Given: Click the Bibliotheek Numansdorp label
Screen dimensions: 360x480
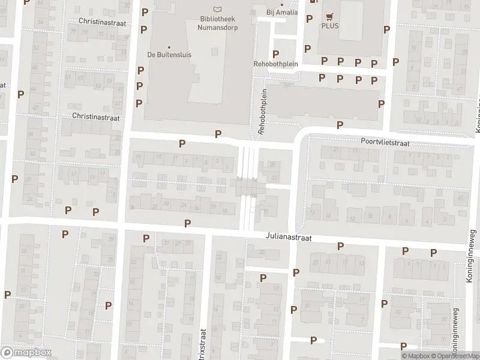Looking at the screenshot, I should (x=217, y=22).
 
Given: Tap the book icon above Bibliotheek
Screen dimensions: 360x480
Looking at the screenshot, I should (x=217, y=8).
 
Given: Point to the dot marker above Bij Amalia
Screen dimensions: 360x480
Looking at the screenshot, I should (x=282, y=5).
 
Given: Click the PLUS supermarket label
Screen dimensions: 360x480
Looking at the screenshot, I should (x=329, y=26).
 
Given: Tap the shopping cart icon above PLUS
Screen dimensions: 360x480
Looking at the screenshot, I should (x=329, y=17).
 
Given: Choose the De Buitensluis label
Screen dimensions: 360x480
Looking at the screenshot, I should (x=169, y=55).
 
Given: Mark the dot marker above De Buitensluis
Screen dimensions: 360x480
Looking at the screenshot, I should (x=169, y=47).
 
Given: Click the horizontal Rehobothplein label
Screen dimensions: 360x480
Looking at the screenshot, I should (x=276, y=64).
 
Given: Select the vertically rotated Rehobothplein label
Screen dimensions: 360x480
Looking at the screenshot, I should (x=262, y=112).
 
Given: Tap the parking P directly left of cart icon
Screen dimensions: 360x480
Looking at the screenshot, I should (x=309, y=19).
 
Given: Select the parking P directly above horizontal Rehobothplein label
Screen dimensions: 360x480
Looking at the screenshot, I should (x=276, y=55).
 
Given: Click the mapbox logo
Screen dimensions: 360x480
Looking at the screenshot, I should (x=26, y=352).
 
